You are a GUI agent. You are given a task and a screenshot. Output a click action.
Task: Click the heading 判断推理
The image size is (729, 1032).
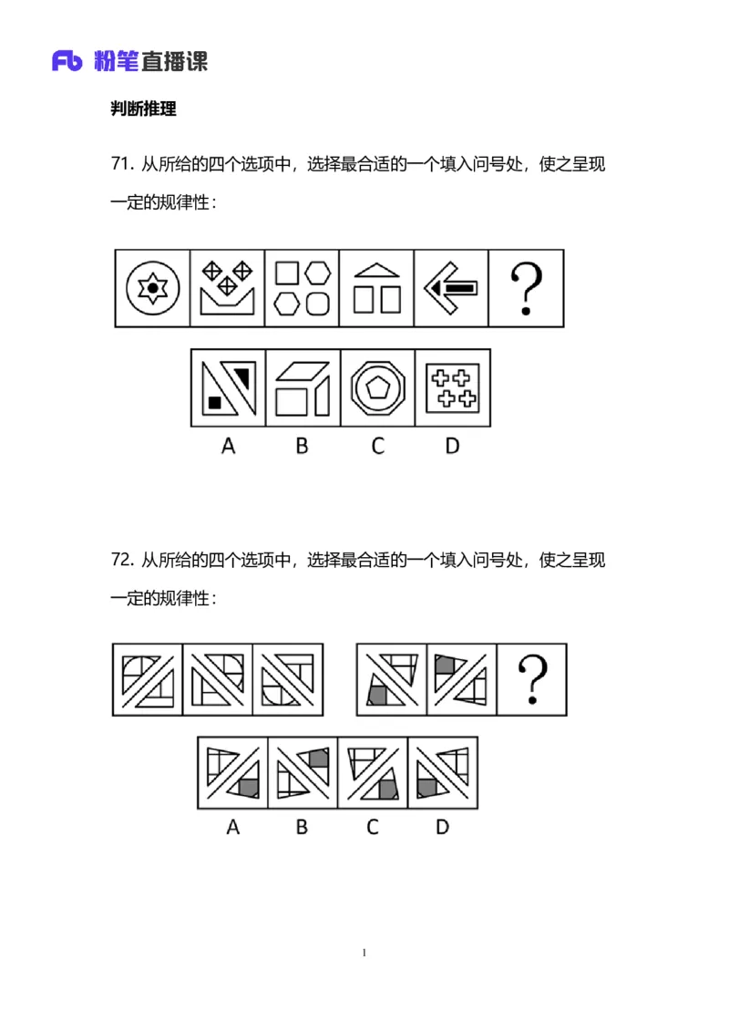(x=143, y=109)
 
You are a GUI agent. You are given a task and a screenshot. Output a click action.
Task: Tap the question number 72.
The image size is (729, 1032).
(x=122, y=560)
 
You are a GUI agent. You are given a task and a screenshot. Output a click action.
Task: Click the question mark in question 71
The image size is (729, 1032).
(x=526, y=288)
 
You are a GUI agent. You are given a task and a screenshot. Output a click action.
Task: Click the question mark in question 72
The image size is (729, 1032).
(x=531, y=680)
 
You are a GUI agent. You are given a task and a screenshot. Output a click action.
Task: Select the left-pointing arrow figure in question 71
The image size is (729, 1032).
(x=450, y=288)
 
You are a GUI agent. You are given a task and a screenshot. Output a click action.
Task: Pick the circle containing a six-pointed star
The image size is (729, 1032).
(x=153, y=288)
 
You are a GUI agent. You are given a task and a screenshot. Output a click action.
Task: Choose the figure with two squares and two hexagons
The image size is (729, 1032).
(x=302, y=288)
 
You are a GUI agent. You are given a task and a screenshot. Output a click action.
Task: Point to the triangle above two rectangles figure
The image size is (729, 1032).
(x=376, y=288)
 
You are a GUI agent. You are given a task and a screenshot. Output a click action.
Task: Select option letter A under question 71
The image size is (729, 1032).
(x=228, y=446)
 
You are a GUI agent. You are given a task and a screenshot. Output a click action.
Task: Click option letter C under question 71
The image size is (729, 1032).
(x=376, y=446)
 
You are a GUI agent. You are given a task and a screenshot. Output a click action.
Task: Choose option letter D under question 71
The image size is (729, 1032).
(x=452, y=446)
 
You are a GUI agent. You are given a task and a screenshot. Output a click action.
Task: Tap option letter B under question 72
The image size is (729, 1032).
(x=302, y=827)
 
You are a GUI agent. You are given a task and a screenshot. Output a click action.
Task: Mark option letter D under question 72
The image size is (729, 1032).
(x=442, y=827)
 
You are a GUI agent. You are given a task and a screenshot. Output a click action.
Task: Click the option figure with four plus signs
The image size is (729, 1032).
(x=453, y=387)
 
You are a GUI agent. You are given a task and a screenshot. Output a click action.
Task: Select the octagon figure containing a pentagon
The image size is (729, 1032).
(x=377, y=387)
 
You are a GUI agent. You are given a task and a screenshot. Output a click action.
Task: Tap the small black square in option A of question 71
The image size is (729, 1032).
(x=215, y=402)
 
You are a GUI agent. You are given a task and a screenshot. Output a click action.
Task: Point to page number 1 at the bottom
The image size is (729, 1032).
(x=364, y=953)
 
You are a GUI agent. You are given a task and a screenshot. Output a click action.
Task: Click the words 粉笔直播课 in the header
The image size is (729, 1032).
(x=150, y=61)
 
